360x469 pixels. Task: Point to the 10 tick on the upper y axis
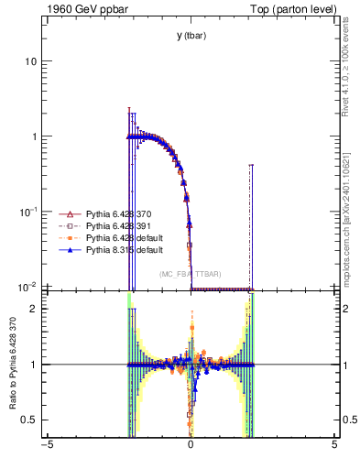(30, 61)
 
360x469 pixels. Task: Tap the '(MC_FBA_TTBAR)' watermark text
(191, 275)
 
